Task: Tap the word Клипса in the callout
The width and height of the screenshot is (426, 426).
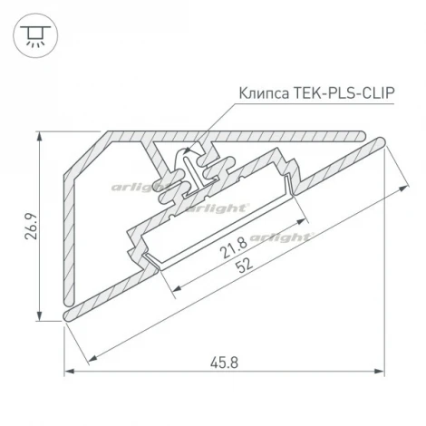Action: pyautogui.click(x=263, y=92)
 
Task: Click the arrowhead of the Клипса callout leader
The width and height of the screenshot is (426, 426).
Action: pyautogui.click(x=187, y=152)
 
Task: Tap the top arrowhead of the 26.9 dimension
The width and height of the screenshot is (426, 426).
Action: pyautogui.click(x=39, y=136)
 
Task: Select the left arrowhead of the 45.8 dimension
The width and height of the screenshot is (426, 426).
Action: pyautogui.click(x=69, y=372)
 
